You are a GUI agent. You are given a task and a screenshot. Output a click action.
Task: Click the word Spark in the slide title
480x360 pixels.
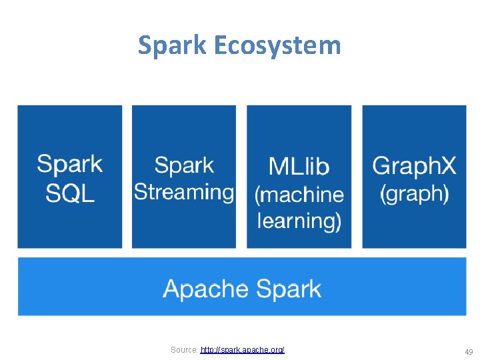pos(173,46)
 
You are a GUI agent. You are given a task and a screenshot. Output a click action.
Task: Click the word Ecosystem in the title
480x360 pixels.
pos(277,46)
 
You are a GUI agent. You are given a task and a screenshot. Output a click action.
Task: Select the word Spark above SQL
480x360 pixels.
pos(70,164)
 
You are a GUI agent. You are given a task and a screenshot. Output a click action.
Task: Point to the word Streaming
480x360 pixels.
pos(184,192)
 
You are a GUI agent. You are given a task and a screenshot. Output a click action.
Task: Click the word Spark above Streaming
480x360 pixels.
pos(184,165)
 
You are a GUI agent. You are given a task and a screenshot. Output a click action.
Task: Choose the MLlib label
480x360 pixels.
pos(299,165)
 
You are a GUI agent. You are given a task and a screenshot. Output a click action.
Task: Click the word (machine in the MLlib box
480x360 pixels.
pos(299,194)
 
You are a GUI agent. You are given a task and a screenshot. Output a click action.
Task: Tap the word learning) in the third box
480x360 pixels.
pos(299,221)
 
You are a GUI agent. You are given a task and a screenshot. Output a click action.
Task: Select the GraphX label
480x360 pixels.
pos(414,165)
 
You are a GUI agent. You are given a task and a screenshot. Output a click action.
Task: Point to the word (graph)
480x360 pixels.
pos(414,193)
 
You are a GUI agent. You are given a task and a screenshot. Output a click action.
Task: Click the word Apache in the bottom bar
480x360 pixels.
pos(205,289)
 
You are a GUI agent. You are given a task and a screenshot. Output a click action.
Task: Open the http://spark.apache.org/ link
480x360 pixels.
pos(243,349)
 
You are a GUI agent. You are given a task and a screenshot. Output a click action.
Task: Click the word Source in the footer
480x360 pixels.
pos(183,349)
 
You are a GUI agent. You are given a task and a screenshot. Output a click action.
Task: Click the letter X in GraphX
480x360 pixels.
pos(449,165)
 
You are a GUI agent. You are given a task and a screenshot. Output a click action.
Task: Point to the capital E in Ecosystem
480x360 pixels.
pos(222,46)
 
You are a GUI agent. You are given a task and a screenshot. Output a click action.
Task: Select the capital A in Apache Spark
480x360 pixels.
pos(172,289)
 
